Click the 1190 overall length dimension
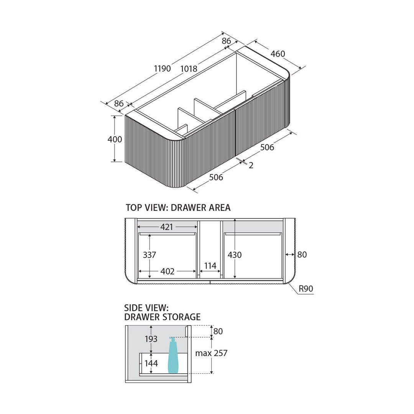click(163, 69)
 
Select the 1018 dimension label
click(189, 69)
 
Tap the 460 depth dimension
click(278, 54)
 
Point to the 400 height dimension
click(115, 139)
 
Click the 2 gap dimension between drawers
click(251, 165)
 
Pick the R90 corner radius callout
click(306, 289)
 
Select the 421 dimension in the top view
click(167, 227)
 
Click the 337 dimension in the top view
click(149, 255)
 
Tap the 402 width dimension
click(168, 271)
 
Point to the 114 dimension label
click(210, 266)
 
